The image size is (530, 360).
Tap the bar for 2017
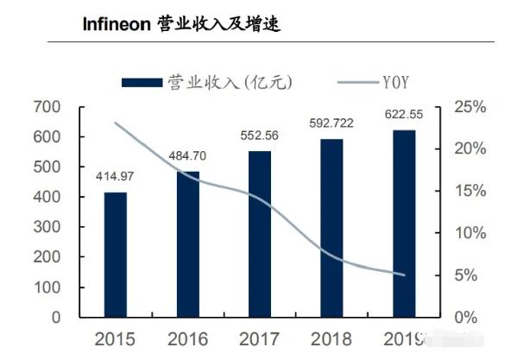(x=259, y=233)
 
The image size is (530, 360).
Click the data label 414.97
(x=116, y=177)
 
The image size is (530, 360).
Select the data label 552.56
(x=259, y=136)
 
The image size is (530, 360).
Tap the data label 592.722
(x=331, y=123)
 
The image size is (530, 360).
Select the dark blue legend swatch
(x=142, y=82)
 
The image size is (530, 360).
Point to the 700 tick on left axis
(x=47, y=107)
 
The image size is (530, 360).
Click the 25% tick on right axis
(x=470, y=107)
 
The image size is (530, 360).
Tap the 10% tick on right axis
(x=470, y=233)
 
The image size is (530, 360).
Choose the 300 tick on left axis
(x=47, y=227)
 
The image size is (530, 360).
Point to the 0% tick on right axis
(x=467, y=318)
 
